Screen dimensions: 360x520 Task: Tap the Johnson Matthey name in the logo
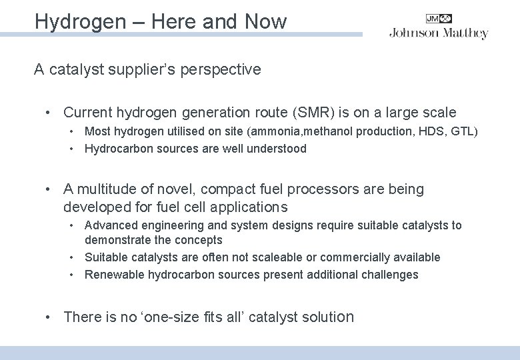439,33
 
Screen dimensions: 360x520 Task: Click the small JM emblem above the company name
439,19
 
